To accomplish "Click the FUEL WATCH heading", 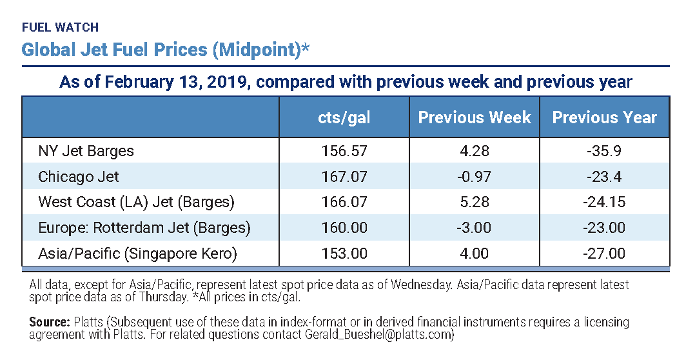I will coord(60,28).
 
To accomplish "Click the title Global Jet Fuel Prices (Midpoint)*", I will coord(165,50).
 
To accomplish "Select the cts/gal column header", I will coord(344,117).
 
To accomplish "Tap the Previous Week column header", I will coord(475,117).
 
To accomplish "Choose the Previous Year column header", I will coord(604,117).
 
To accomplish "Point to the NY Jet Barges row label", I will coord(86,151).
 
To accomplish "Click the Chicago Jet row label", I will coord(79,176).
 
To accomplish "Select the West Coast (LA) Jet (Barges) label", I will coord(136,202).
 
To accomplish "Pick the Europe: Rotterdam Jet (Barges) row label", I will coord(144,228).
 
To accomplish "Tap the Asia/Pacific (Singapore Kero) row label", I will coord(137,254).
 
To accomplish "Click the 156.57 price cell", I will coord(344,151).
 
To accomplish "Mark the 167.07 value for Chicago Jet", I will coord(344,176).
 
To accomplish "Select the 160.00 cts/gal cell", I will coord(344,228).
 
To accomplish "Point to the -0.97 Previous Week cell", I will coord(474,176).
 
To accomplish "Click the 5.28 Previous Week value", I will coord(474,202).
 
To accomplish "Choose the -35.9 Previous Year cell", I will coord(604,151).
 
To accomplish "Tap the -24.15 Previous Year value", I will coord(604,202).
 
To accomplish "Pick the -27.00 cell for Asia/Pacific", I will coord(604,254).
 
